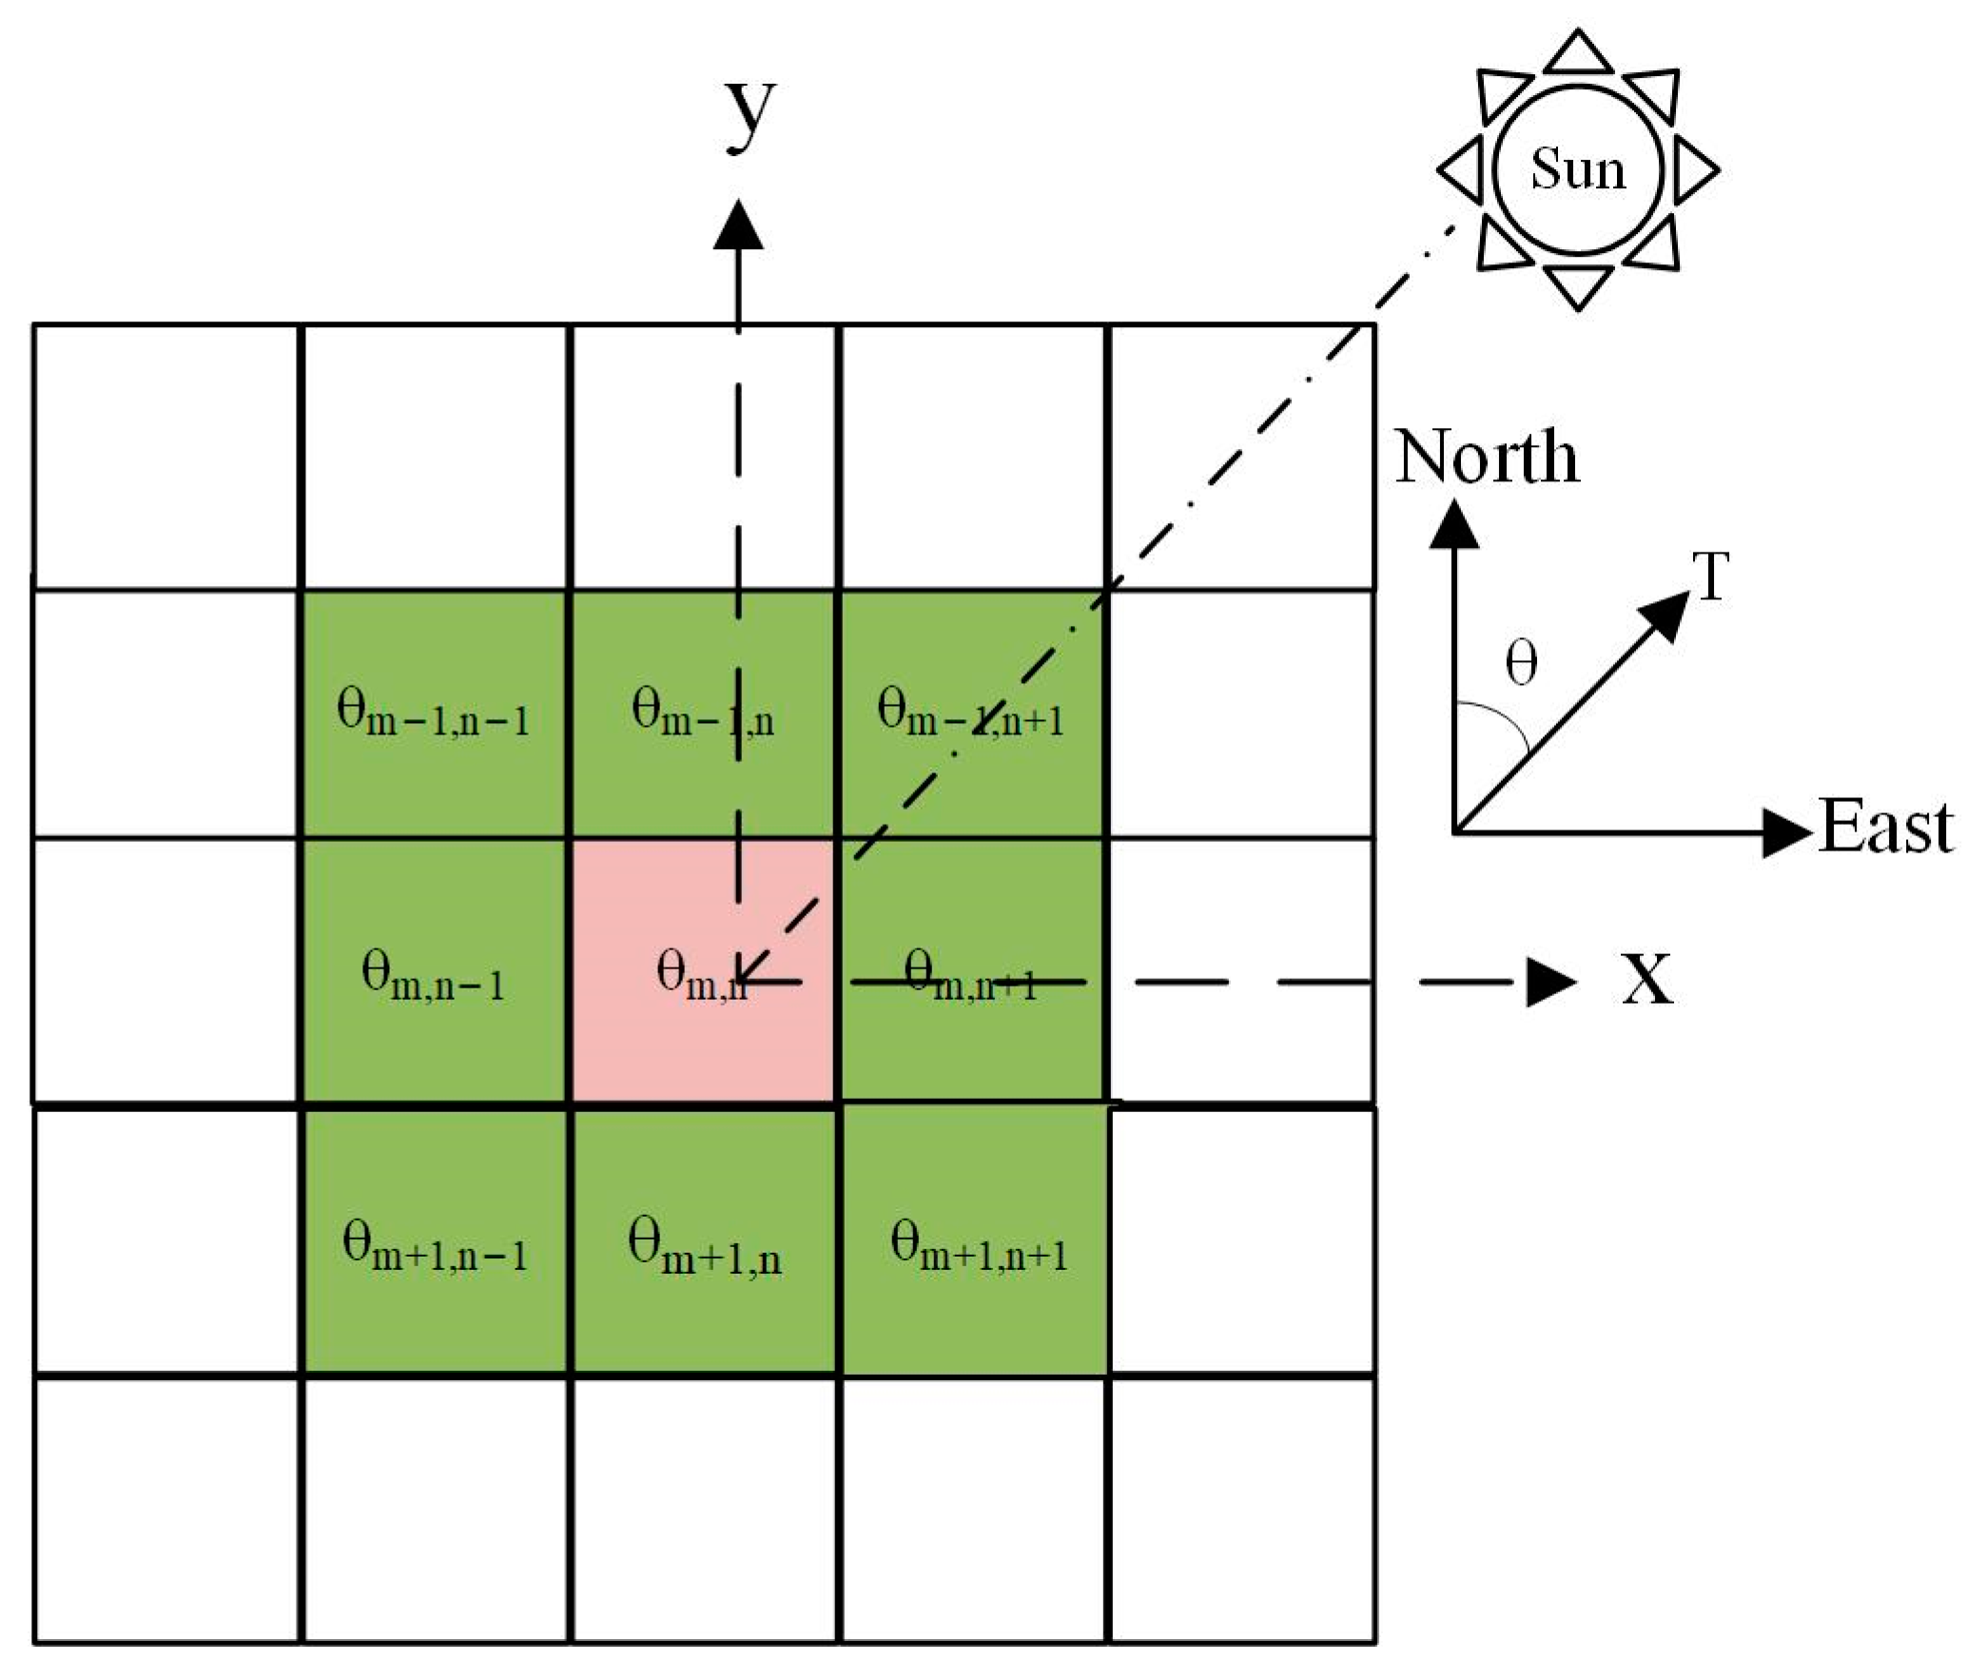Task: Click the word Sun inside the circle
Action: pyautogui.click(x=1577, y=171)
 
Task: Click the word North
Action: pyautogui.click(x=1487, y=458)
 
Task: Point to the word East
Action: pyautogui.click(x=1885, y=828)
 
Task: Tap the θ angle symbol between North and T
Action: pyautogui.click(x=1522, y=663)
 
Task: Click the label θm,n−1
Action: pyautogui.click(x=433, y=977)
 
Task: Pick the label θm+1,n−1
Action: pyautogui.click(x=435, y=1248)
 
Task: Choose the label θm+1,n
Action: pyautogui.click(x=704, y=1249)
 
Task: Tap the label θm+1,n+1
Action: pyautogui.click(x=979, y=1248)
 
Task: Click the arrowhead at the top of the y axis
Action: pyautogui.click(x=738, y=225)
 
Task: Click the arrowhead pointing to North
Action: pyautogui.click(x=1454, y=526)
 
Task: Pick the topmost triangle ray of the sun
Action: pyautogui.click(x=1578, y=52)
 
